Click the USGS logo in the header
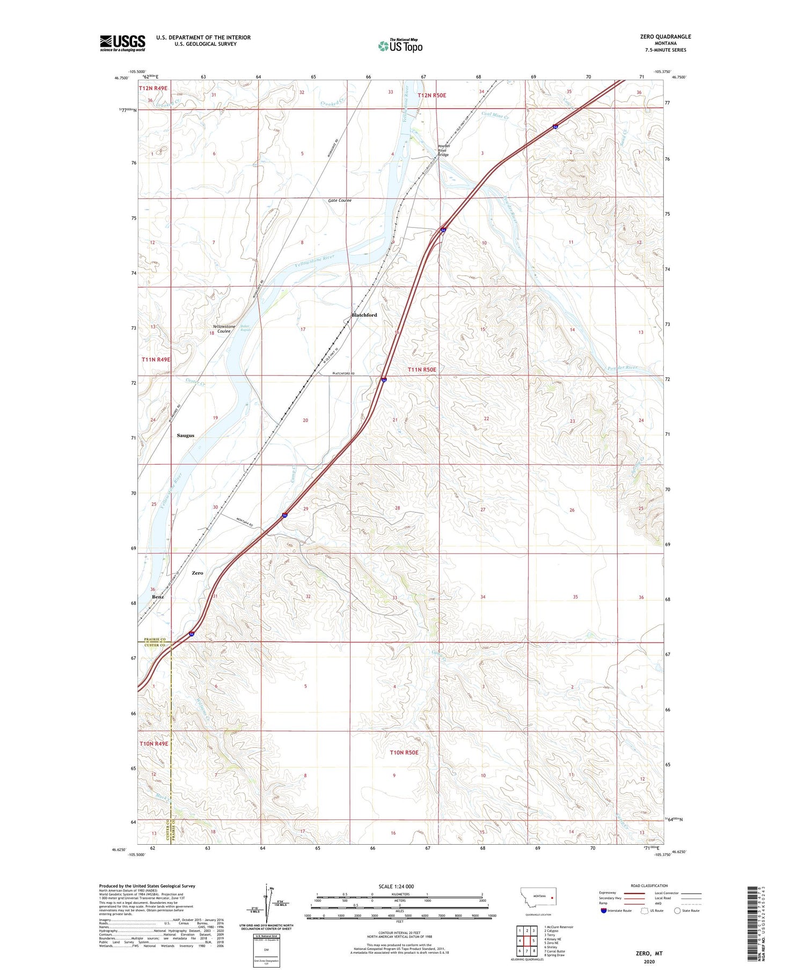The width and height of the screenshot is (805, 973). pos(122,43)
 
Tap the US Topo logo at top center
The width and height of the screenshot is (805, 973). pos(400,46)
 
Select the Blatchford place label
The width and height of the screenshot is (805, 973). pos(364,315)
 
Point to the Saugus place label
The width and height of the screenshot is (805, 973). pos(185,435)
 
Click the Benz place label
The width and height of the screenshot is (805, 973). pos(158,597)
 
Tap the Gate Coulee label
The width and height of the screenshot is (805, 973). pos(340,200)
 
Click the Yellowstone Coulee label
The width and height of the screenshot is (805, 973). pos(223,329)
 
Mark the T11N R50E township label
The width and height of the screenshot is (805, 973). pos(422,370)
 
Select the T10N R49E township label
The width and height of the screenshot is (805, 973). pos(154,744)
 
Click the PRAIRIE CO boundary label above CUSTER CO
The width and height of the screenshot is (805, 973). pos(155,639)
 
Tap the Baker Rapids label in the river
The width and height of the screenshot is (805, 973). pos(245,328)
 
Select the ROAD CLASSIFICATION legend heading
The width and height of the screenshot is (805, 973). pos(649,886)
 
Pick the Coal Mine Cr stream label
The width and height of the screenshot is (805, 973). pos(494,114)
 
